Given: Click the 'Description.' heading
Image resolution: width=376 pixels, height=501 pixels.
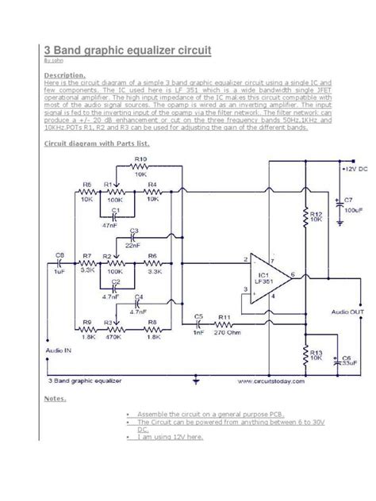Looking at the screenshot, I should (65, 75).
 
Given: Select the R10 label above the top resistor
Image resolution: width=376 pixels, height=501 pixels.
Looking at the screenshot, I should (140, 159).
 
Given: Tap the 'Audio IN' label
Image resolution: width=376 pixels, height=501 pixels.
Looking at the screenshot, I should (59, 349).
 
